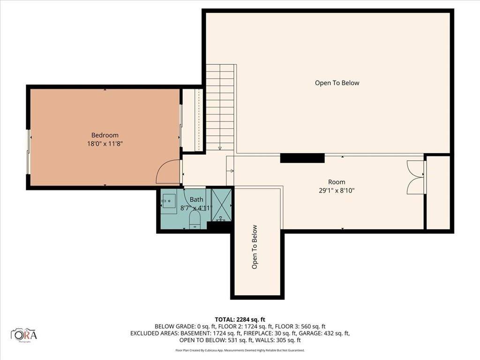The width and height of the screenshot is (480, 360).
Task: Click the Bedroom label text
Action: tap(105, 135)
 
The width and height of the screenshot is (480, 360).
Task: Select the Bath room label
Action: tap(196, 200)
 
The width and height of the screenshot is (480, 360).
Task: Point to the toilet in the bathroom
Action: tap(195, 219)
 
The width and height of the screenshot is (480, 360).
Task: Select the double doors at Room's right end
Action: tap(416, 177)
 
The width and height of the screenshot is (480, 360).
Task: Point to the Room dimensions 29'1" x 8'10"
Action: tap(337, 191)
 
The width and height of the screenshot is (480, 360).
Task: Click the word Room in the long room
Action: tap(337, 182)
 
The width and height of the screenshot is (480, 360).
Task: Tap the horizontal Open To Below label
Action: tap(337, 83)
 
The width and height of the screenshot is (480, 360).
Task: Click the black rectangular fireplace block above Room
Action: tap(302, 158)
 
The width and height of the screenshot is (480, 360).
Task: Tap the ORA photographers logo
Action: tap(25, 335)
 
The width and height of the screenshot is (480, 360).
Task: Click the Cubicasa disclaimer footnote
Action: tap(240, 350)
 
